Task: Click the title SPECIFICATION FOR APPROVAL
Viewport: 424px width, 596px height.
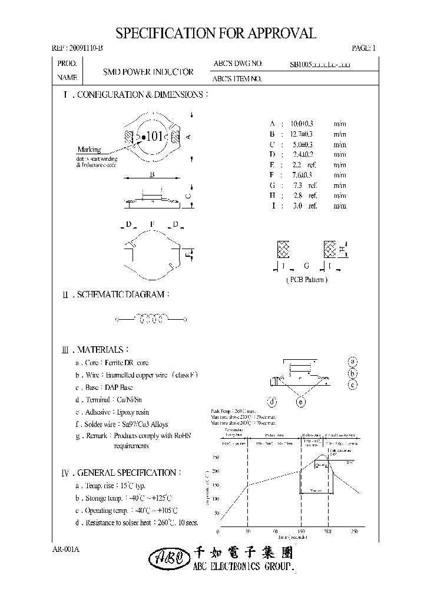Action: click(x=216, y=34)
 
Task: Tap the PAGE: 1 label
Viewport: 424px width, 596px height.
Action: click(x=363, y=48)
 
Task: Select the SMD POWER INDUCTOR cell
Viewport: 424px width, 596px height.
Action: click(x=148, y=72)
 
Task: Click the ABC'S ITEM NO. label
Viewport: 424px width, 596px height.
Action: click(x=238, y=78)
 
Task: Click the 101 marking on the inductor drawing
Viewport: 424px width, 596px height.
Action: click(x=154, y=137)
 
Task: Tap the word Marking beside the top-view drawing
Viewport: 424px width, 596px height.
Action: click(x=89, y=150)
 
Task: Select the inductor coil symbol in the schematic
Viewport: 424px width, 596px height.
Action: click(x=151, y=319)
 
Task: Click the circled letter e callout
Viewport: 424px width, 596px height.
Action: click(x=300, y=402)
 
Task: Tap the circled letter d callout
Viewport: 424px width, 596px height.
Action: click(x=272, y=402)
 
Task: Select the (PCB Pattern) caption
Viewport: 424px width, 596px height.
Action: click(x=306, y=280)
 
